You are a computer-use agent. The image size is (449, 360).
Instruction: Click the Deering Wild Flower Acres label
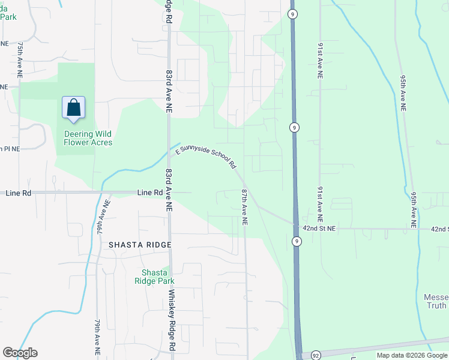(x=88, y=138)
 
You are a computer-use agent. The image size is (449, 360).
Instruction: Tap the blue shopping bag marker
(x=73, y=108)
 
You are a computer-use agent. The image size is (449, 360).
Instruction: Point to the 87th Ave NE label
(x=245, y=207)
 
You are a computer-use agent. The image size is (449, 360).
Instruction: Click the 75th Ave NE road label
(x=20, y=58)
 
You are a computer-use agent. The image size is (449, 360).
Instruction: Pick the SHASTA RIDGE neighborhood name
(x=140, y=245)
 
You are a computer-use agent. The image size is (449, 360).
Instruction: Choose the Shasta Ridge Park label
(x=154, y=277)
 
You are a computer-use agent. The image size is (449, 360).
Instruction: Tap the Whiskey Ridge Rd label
(x=171, y=320)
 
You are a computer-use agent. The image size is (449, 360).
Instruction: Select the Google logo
(x=20, y=353)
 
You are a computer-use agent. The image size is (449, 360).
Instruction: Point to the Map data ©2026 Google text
(x=412, y=355)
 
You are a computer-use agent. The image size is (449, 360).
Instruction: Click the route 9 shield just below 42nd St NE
(x=297, y=241)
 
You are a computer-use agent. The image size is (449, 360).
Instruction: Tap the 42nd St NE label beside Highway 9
(x=319, y=229)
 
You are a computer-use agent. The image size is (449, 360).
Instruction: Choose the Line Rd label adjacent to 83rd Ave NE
(x=150, y=193)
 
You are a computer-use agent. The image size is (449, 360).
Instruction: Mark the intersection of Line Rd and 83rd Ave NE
(x=169, y=193)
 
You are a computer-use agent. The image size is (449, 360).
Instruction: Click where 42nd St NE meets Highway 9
(x=295, y=226)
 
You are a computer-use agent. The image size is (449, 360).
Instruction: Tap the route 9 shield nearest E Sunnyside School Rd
(x=294, y=127)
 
